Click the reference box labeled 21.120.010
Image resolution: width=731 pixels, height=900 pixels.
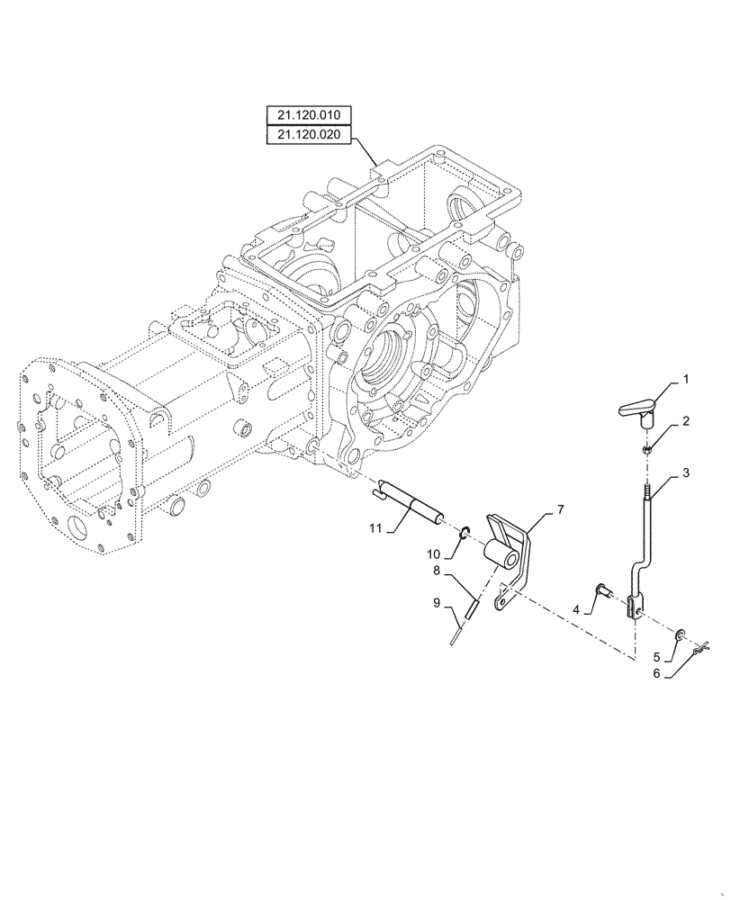310,115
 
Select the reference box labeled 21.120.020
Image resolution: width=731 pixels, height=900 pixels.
310,135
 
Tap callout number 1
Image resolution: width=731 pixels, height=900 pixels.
685,380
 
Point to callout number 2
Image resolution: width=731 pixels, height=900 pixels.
686,420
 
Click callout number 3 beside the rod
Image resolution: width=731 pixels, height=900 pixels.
686,472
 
